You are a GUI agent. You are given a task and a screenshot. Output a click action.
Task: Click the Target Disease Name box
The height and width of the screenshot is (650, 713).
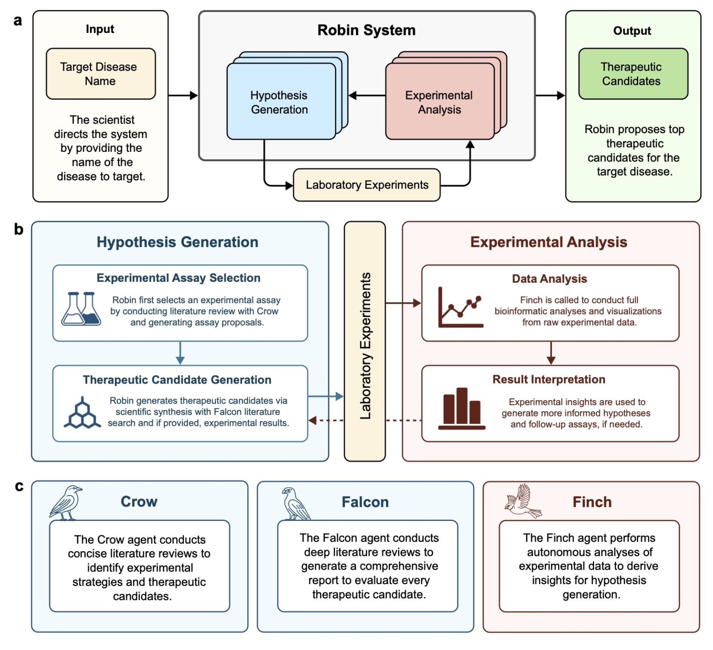point(101,74)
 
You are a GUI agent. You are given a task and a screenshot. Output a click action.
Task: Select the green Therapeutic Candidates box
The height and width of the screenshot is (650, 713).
point(632,74)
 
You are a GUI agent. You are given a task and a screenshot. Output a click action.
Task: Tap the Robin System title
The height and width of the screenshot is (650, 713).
point(366,30)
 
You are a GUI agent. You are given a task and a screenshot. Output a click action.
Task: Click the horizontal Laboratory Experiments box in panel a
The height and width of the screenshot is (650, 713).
point(366,185)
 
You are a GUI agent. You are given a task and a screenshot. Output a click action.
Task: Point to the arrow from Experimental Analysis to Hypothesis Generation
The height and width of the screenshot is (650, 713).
point(366,96)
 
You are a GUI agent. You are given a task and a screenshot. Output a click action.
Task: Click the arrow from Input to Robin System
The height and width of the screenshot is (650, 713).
point(183,96)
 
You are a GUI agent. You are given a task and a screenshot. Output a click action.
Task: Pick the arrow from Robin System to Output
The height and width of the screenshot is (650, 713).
point(550,96)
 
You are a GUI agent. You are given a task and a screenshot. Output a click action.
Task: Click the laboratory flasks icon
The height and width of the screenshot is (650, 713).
point(81,309)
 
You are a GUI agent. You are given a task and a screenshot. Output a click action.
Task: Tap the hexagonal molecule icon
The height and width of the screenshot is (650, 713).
point(82,413)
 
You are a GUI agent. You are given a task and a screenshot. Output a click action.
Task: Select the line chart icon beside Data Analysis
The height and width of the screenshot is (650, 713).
point(460,307)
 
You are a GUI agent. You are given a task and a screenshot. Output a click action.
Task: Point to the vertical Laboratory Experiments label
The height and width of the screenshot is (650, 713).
point(365,346)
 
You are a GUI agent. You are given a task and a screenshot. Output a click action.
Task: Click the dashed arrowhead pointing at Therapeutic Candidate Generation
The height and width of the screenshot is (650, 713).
point(313,420)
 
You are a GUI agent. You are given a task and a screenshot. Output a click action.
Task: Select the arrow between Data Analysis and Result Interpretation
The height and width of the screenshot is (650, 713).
point(551,353)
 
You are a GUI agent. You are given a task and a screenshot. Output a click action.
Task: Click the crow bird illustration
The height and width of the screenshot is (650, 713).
point(67,503)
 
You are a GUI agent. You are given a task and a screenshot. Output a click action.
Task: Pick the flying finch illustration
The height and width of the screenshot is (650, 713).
point(524,501)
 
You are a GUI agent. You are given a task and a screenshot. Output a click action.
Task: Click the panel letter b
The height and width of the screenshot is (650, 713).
point(18,229)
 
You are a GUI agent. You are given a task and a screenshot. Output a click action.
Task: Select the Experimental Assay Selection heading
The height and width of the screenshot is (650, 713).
point(178,278)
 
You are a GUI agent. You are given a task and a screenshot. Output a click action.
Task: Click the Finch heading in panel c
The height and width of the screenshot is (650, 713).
point(592,502)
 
